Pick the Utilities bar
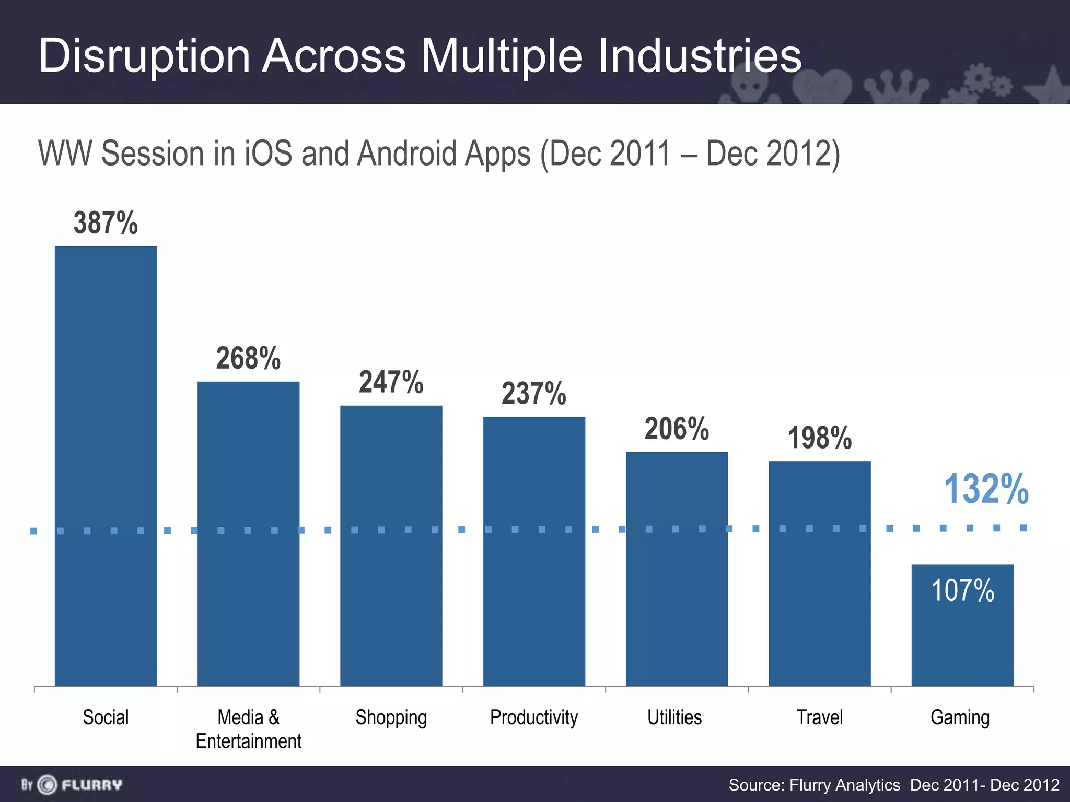(677, 569)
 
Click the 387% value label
(106, 223)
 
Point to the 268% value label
(248, 359)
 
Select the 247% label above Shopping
(391, 382)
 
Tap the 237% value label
(533, 394)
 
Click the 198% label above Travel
(819, 438)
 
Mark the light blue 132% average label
(986, 489)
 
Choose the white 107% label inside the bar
(962, 591)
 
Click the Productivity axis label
(533, 717)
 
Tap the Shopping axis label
(391, 717)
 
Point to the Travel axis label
(819, 717)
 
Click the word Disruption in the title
(144, 56)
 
